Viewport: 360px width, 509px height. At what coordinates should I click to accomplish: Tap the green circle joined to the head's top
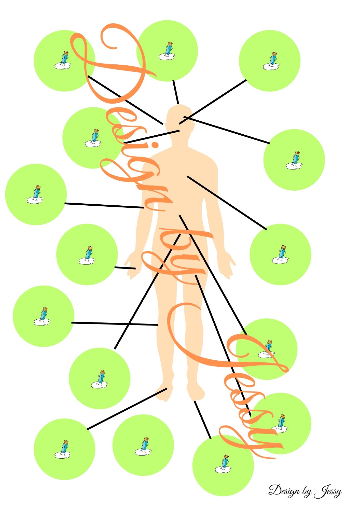pyautogui.click(x=167, y=51)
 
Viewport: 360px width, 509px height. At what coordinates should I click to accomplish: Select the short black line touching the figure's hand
pyautogui.click(x=125, y=268)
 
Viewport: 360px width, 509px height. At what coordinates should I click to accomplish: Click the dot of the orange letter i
pyautogui.click(x=155, y=145)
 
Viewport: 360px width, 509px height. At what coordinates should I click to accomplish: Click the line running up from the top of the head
pyautogui.click(x=176, y=92)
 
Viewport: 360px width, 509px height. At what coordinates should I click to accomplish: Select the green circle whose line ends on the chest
pyautogui.click(x=280, y=254)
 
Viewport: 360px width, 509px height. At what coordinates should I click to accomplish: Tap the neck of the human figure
pyautogui.click(x=180, y=141)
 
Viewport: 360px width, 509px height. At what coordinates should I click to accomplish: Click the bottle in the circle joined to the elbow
pyautogui.click(x=36, y=194)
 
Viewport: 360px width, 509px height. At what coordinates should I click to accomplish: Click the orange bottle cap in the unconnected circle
pyautogui.click(x=146, y=439)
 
